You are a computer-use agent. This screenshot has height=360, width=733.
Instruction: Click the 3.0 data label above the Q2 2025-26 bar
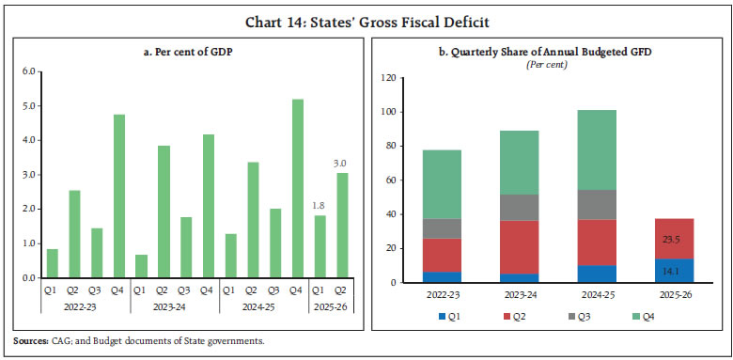341,163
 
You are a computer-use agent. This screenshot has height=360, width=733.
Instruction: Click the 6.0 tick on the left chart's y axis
27,71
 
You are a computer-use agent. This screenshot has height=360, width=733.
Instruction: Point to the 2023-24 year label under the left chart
176,305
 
